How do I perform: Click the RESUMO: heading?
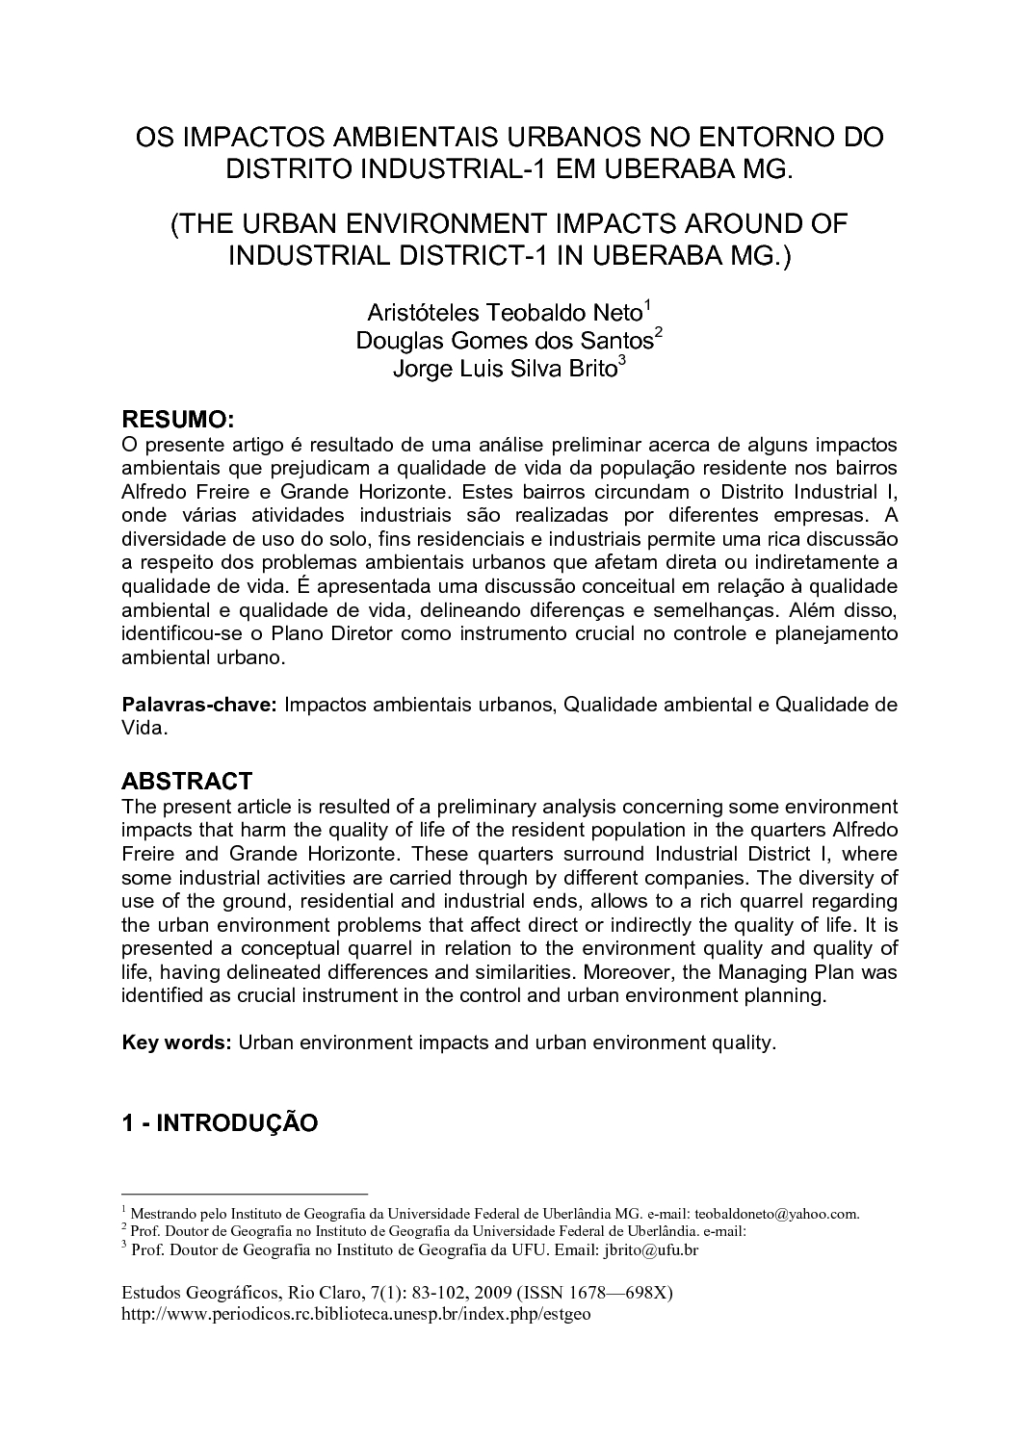177,421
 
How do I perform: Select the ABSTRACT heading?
187,781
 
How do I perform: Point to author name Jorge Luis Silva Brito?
504,369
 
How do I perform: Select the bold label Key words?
175,1042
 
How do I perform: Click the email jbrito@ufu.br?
650,1249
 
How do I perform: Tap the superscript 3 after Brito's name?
622,362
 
